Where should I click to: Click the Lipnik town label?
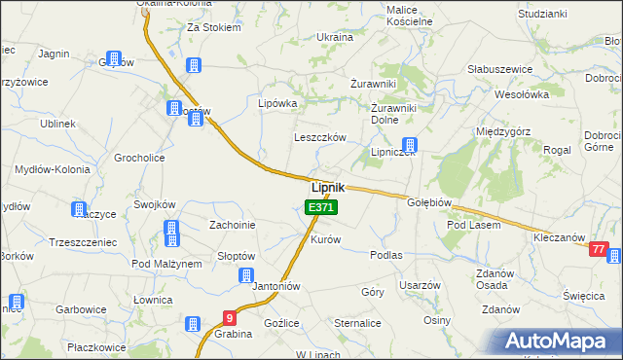click(327, 187)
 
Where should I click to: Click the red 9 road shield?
click(229, 317)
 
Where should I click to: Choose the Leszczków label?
click(320, 138)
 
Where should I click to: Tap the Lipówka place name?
click(276, 102)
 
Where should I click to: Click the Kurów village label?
click(325, 239)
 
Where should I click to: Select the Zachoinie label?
click(233, 225)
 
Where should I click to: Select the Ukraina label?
click(335, 36)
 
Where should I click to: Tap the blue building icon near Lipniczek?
click(411, 145)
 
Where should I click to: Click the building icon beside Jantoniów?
click(248, 275)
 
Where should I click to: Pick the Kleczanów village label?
click(559, 237)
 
